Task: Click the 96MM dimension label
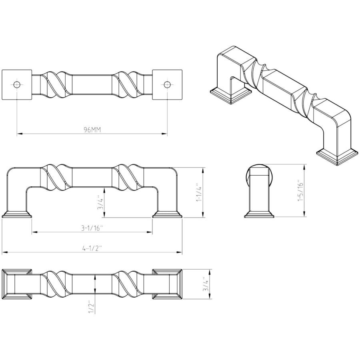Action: click(92, 130)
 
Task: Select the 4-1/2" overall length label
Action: click(92, 248)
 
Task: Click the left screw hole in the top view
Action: click(17, 84)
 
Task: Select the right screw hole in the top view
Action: click(167, 84)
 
